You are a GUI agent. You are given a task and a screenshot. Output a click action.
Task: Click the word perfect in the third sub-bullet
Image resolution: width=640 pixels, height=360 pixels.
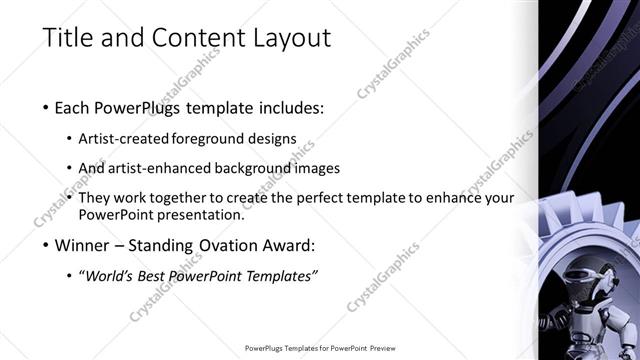[x=313, y=198]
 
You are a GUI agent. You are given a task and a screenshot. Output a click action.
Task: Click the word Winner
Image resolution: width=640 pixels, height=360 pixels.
[x=81, y=243]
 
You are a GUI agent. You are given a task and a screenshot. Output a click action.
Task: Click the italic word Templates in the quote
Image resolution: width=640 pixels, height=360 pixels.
[x=283, y=275]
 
